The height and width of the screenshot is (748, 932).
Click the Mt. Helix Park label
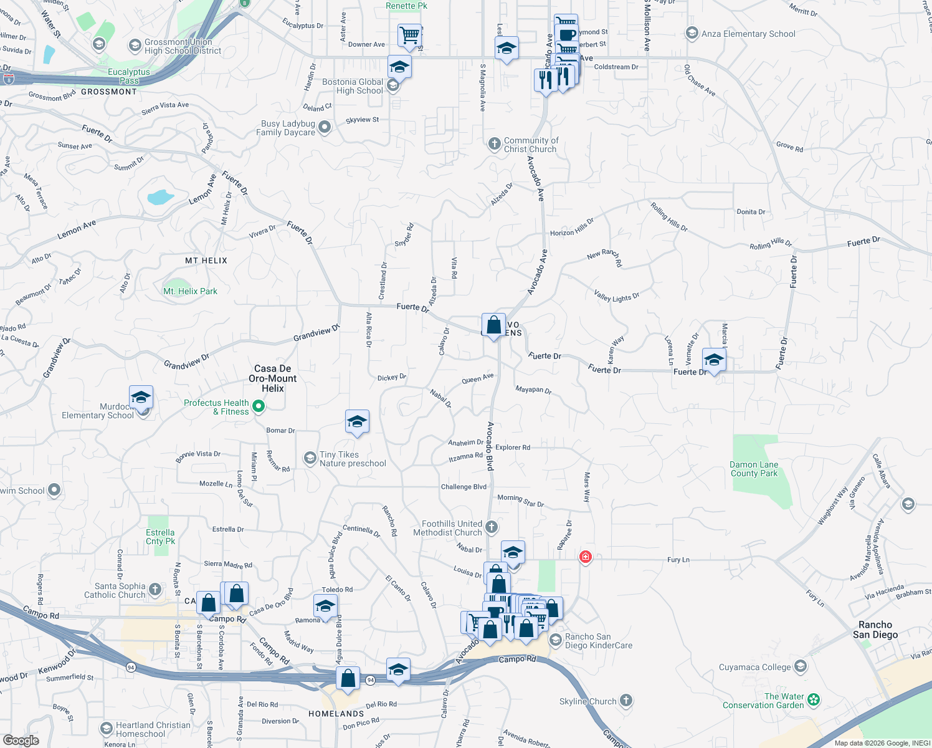(190, 291)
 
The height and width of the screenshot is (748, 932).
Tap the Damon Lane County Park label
(754, 469)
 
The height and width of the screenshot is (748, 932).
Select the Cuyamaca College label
(754, 667)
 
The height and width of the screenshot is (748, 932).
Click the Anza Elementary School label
(748, 34)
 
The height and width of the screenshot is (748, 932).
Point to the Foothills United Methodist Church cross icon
(492, 527)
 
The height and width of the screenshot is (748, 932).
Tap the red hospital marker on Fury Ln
(585, 557)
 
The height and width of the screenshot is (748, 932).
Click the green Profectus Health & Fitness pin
(259, 407)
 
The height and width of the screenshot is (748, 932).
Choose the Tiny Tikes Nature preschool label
(353, 459)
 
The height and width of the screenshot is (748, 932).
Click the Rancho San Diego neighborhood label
(875, 630)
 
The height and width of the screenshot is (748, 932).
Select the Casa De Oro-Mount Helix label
(273, 378)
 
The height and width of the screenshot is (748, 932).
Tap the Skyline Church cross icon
(626, 701)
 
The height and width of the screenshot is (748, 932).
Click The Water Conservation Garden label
(763, 701)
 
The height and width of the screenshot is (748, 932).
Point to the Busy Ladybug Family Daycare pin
(324, 128)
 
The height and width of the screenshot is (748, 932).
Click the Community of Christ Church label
(530, 145)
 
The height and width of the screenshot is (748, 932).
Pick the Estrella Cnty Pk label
(160, 537)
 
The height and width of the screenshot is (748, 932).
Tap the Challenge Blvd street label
(464, 487)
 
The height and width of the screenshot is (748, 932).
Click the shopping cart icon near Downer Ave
(409, 36)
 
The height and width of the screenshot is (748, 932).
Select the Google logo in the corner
(21, 741)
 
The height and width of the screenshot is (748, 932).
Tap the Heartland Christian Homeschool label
(153, 729)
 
